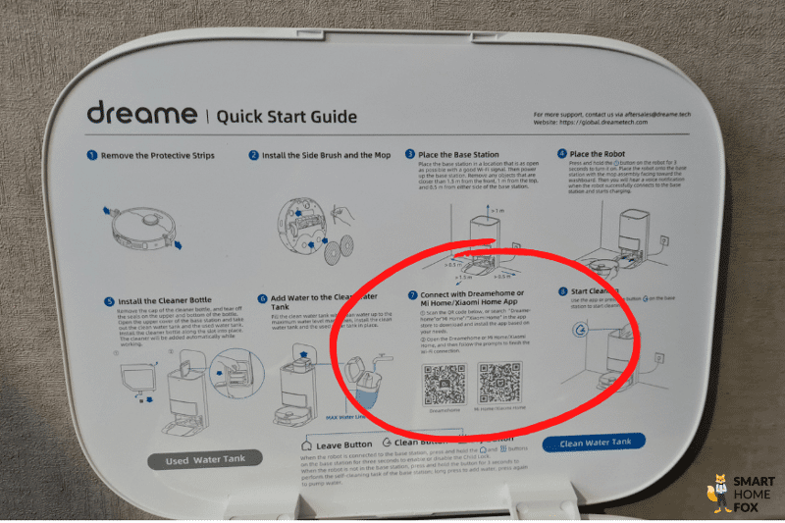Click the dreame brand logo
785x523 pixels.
pos(140,114)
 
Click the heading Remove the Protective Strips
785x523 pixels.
pos(156,155)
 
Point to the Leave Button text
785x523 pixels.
pos(342,445)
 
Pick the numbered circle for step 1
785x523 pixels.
pos(92,155)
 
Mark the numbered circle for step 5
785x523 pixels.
pos(110,299)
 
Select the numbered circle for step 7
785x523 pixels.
pos(412,294)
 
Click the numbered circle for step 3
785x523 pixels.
pos(410,154)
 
